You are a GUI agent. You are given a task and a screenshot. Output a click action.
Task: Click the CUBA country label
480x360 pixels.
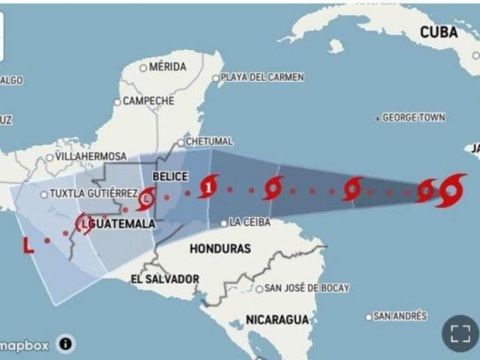pyautogui.click(x=439, y=32)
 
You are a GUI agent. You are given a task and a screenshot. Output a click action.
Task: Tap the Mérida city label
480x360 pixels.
pyautogui.click(x=168, y=67)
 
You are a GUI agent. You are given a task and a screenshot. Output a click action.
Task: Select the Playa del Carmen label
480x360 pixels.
pyautogui.click(x=262, y=77)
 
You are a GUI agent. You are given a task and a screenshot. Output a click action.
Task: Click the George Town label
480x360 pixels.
pyautogui.click(x=414, y=118)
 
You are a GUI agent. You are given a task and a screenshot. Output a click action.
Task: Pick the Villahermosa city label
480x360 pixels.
pyautogui.click(x=91, y=157)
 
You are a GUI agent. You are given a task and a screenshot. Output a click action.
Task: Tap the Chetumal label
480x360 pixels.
pyautogui.click(x=210, y=141)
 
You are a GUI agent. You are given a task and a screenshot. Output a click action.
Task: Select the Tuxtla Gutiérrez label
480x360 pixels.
pyautogui.click(x=95, y=193)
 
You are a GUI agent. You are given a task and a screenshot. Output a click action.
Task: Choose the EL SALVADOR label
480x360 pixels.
pyautogui.click(x=165, y=279)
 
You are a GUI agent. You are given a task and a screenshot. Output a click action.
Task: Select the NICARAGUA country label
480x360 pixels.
pyautogui.click(x=277, y=319)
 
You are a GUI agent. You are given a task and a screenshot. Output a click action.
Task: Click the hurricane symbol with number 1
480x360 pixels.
pyautogui.click(x=210, y=185)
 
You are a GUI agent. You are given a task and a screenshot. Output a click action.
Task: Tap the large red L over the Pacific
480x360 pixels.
pyautogui.click(x=27, y=245)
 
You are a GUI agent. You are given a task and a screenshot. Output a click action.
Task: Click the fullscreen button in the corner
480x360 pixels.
pyautogui.click(x=460, y=334)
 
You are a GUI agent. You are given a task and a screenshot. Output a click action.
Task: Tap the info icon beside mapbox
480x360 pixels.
pyautogui.click(x=67, y=343)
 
